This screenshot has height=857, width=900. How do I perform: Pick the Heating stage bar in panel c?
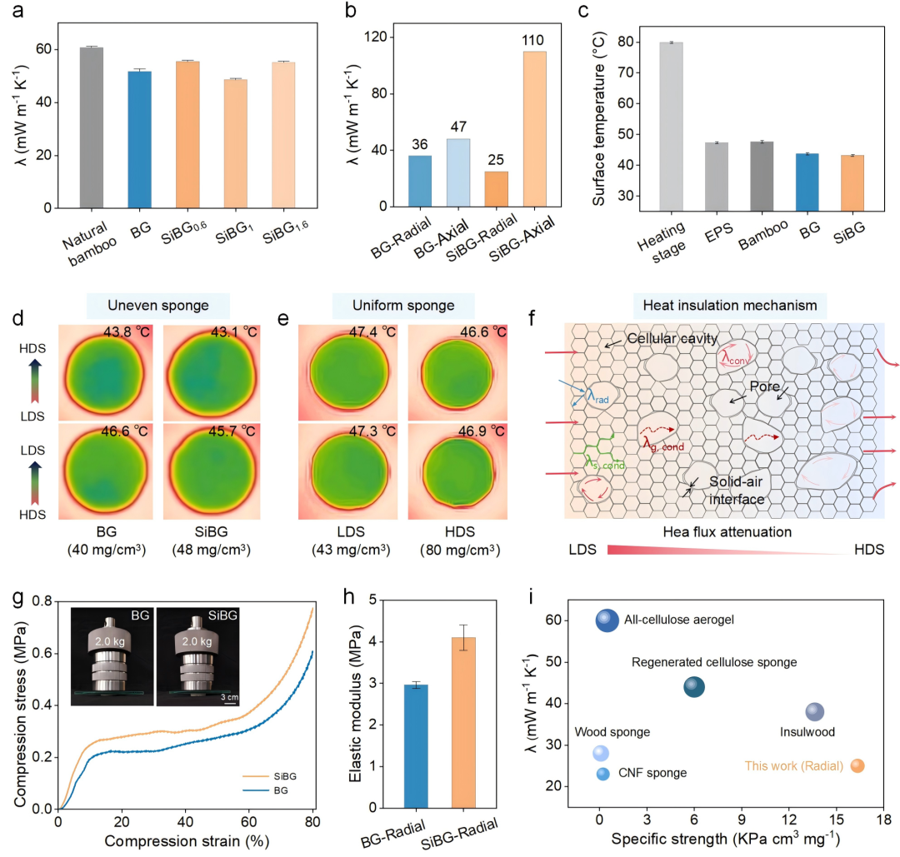tap(670, 125)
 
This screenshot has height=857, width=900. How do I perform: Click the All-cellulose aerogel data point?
tap(607, 620)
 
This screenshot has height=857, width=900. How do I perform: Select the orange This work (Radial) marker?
tap(857, 765)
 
